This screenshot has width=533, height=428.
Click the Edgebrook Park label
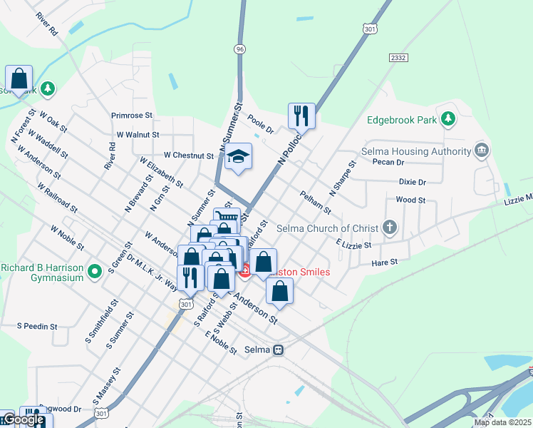click(401, 120)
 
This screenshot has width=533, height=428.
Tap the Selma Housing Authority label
click(416, 151)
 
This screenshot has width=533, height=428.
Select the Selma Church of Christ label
click(335, 228)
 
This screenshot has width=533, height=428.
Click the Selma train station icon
click(279, 350)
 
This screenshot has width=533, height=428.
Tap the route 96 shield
click(239, 49)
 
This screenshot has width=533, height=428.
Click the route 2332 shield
click(398, 57)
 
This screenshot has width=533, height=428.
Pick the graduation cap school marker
click(238, 157)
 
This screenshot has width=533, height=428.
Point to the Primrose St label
click(132, 114)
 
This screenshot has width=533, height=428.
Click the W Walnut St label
click(138, 134)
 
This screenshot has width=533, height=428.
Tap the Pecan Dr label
click(388, 162)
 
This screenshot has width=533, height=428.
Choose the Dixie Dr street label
click(412, 182)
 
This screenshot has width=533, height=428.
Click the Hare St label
click(384, 263)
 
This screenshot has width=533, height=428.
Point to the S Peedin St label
click(36, 326)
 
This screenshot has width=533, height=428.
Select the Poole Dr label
click(260, 124)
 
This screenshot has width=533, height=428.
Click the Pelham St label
click(315, 203)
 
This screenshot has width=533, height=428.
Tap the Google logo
click(23, 419)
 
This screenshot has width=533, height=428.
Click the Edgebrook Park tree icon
click(448, 118)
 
